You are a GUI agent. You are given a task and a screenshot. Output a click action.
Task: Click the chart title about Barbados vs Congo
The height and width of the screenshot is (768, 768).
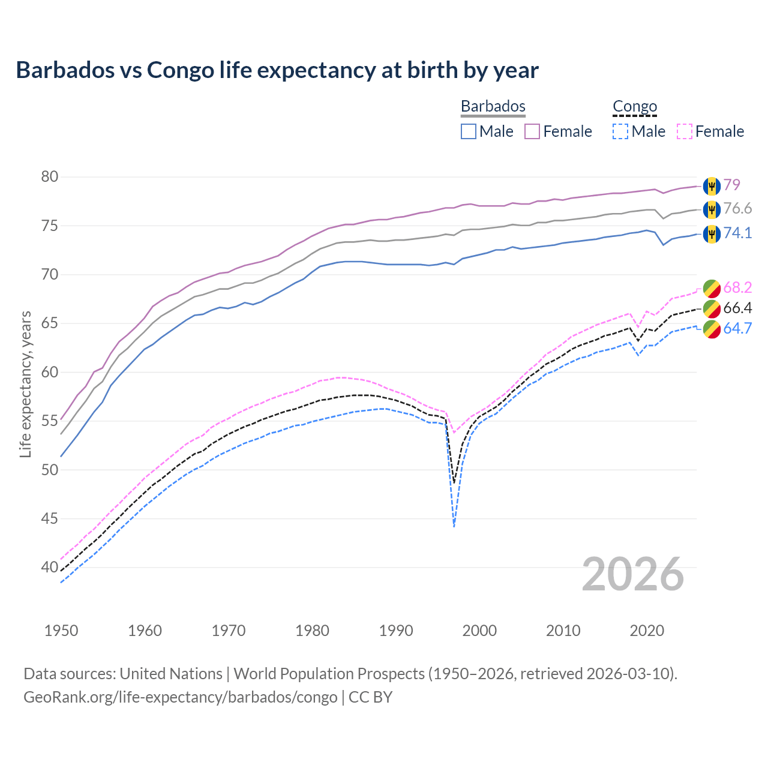click(277, 70)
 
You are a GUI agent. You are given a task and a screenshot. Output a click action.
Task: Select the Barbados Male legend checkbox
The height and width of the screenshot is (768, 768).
click(469, 131)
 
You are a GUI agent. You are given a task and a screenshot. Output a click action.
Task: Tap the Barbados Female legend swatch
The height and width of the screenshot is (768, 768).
click(532, 131)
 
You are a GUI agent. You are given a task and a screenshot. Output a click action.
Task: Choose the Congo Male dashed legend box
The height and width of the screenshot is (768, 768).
click(620, 131)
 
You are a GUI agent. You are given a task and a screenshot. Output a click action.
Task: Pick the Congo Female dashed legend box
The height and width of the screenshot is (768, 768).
click(685, 131)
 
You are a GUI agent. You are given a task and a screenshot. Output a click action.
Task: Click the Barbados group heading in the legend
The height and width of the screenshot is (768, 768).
click(493, 106)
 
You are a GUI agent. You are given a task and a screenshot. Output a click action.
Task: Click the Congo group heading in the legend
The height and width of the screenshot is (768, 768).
click(635, 106)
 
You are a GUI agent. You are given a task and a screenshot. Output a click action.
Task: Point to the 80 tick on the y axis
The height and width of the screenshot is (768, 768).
click(50, 177)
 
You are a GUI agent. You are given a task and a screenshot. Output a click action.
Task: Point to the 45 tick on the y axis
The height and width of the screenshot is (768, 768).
click(50, 518)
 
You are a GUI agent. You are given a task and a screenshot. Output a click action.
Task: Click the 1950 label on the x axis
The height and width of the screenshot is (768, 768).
click(61, 631)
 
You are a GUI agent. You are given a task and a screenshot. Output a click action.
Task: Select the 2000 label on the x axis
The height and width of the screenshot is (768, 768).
click(479, 631)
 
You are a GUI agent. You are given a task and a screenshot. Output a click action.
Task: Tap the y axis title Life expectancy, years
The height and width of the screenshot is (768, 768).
click(26, 384)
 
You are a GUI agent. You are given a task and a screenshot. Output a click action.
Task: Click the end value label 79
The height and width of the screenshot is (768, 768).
click(731, 185)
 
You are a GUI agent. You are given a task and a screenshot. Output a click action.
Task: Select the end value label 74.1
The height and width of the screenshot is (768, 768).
click(737, 233)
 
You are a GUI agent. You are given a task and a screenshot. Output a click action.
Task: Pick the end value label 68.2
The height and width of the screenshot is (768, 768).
click(737, 288)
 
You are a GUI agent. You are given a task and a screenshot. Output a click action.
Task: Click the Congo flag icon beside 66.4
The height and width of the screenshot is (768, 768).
click(712, 308)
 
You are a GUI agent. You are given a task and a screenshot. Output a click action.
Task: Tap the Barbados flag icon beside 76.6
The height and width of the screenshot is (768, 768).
click(712, 209)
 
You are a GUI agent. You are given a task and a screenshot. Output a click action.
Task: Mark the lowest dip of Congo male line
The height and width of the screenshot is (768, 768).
click(454, 526)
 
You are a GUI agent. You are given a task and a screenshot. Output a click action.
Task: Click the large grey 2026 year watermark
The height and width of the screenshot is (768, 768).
click(633, 574)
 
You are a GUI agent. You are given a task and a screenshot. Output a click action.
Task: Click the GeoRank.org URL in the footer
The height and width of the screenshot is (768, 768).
click(180, 697)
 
